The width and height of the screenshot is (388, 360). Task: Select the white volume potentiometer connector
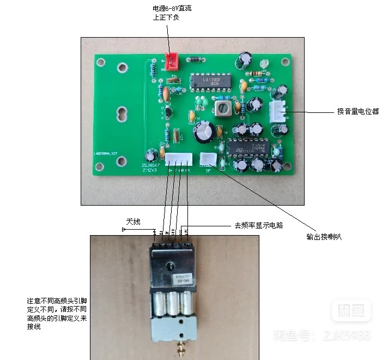pos(276,112)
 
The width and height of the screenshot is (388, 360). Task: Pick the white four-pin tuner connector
pos(178,159)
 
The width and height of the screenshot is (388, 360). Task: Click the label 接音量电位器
pos(357,112)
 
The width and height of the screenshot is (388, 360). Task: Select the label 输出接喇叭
pos(324,237)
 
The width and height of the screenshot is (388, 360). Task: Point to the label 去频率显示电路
pos(259,225)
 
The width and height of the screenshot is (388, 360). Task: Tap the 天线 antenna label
pos(134,221)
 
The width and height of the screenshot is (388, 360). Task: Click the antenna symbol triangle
pos(125,230)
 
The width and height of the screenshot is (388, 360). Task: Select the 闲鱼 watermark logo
pos(351,311)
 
